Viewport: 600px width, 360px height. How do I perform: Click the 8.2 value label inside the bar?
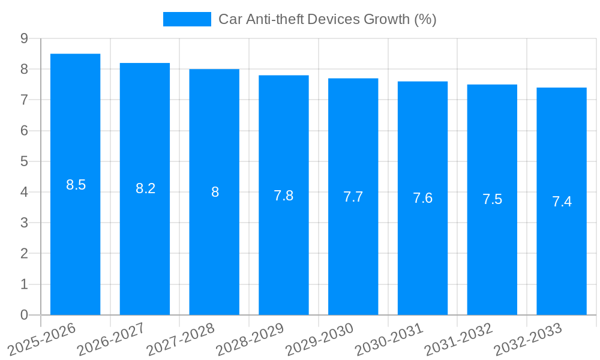pos(145,188)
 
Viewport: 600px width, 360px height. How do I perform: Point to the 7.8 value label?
pos(284,196)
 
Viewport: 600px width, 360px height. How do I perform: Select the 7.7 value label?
pos(353,197)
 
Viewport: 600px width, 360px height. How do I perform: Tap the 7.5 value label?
pos(492,200)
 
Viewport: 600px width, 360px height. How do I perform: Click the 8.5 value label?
pos(76,185)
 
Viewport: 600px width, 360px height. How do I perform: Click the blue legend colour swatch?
pos(187,19)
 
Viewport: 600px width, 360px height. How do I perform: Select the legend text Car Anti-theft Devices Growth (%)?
pos(327,19)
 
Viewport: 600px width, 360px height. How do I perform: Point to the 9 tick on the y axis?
pos(24,38)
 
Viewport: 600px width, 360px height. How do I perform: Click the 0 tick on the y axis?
pos(24,315)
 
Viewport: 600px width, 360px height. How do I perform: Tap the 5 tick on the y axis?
pos(24,161)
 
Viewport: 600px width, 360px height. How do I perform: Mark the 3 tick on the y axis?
pos(24,223)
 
